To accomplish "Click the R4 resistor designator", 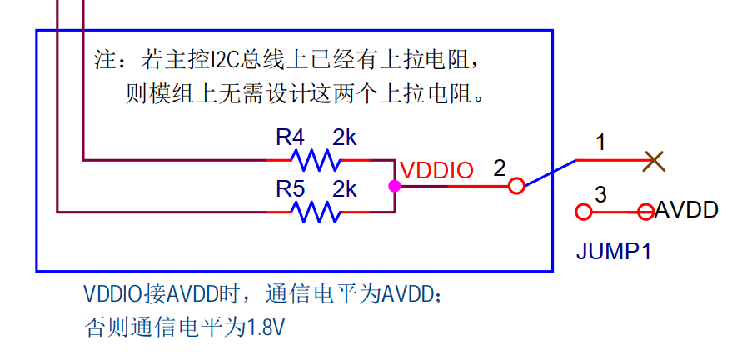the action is point(290,137).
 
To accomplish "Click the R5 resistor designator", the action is point(290,189).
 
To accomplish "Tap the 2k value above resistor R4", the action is point(345,137).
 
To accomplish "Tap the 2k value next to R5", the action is point(345,189).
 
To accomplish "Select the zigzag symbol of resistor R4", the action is point(316,160).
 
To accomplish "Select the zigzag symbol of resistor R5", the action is point(316,212).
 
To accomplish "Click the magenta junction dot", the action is point(394,186).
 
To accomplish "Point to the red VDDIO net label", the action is point(436,171).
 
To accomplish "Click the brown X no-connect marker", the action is point(655,161).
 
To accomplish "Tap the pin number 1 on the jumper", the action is point(600,142).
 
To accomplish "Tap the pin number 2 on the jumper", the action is point(499,168).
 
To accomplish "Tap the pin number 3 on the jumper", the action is point(600,194).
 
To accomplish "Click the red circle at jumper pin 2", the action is point(516,186).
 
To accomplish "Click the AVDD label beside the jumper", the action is point(687,210).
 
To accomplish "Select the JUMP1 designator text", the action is point(614,251).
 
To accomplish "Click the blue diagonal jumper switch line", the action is point(550,172).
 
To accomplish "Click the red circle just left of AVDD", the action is point(646,212).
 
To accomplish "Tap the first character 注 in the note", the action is point(103,61).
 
